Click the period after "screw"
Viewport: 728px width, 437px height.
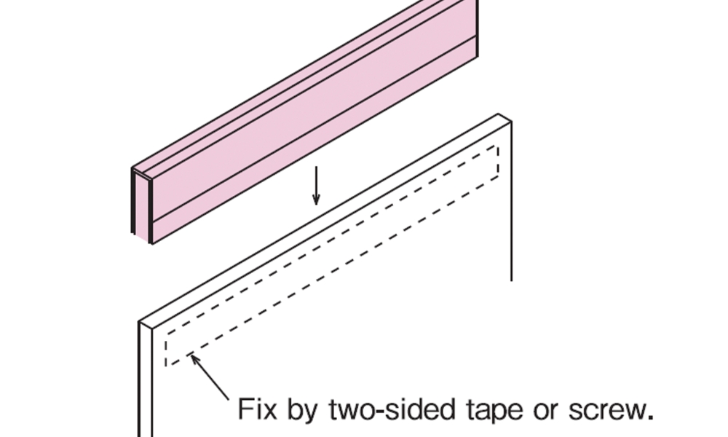click(650, 417)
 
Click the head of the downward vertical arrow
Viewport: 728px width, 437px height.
click(316, 199)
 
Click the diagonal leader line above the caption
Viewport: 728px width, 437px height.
click(210, 377)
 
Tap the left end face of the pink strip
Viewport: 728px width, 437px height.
click(142, 205)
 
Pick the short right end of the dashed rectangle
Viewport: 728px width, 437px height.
click(499, 161)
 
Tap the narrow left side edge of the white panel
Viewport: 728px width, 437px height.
click(146, 379)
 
